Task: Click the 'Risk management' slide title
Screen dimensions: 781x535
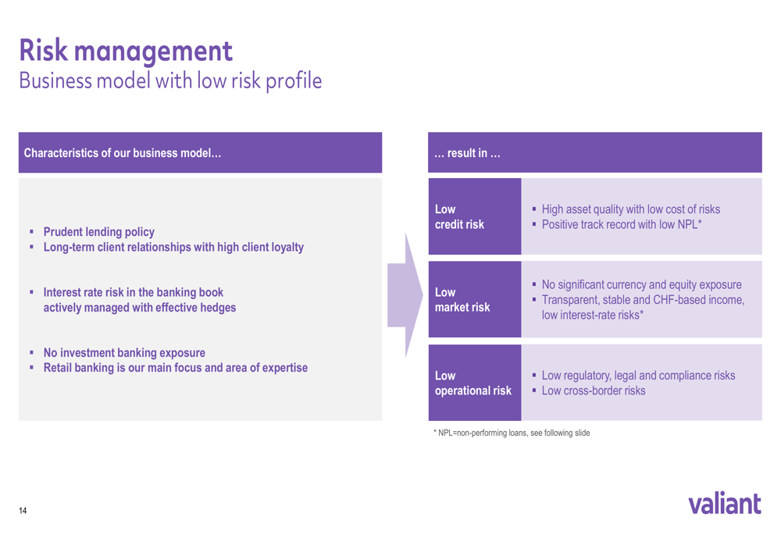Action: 126,52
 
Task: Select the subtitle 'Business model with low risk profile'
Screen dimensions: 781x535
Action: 170,80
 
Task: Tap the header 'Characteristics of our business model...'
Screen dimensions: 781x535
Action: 123,153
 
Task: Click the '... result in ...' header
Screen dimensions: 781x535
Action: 467,153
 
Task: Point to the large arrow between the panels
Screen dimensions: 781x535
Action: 405,295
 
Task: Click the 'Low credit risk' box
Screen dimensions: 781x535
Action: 475,216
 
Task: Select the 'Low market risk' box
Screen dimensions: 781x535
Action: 475,299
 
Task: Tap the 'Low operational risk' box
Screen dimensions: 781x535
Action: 475,383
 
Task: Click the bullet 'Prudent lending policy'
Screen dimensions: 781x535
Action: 98,232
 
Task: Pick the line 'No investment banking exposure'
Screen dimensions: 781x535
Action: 124,353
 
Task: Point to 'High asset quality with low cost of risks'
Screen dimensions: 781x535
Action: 630,209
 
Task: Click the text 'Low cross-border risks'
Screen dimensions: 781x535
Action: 594,391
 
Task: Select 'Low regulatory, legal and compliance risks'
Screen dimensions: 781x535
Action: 639,376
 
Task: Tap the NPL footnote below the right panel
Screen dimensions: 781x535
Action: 512,433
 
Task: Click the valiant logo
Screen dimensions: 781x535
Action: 725,503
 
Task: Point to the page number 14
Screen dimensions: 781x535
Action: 23,511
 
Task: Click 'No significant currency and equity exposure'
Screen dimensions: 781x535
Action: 641,284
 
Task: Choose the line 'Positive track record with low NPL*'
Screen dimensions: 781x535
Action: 622,225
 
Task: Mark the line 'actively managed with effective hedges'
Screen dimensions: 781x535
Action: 140,308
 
